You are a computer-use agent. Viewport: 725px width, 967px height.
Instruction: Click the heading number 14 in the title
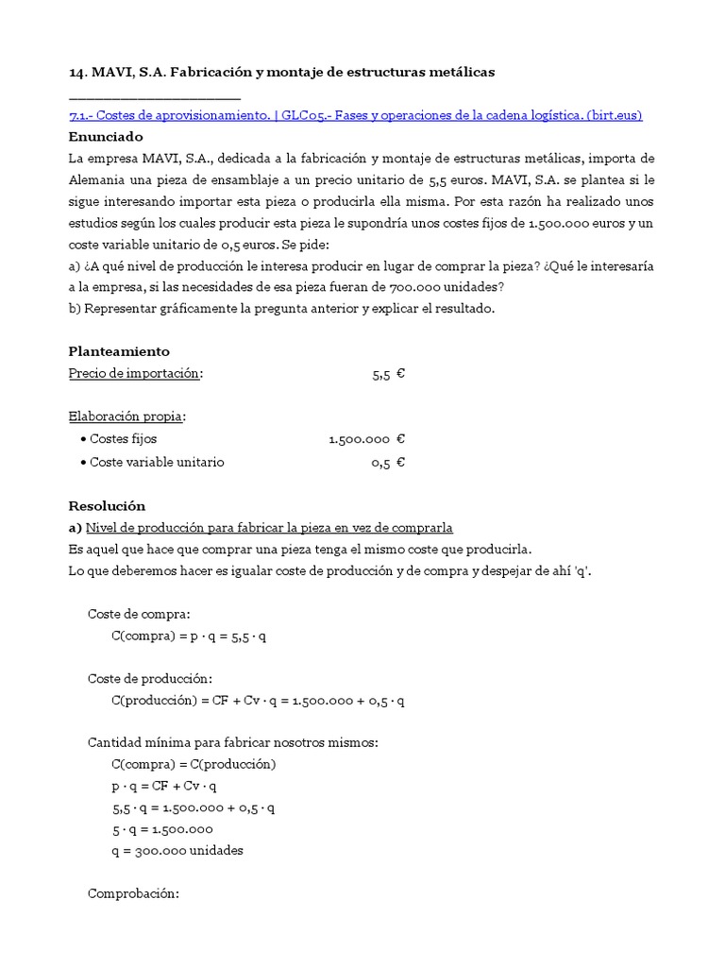[77, 72]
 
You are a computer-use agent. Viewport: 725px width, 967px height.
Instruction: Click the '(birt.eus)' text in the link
[615, 115]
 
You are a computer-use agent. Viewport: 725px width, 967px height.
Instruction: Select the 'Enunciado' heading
[105, 136]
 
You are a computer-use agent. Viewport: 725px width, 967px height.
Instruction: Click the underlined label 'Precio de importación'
[135, 373]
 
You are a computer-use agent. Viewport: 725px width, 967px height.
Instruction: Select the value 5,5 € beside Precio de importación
[388, 374]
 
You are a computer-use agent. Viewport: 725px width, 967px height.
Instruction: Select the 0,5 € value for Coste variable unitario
[388, 462]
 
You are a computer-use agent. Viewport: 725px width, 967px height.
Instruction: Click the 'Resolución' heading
[107, 505]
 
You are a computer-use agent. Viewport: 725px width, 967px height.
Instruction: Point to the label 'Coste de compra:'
[139, 614]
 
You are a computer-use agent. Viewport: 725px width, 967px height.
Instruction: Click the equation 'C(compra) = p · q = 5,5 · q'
[189, 636]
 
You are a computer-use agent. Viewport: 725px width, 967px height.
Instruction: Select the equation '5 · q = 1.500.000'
[161, 829]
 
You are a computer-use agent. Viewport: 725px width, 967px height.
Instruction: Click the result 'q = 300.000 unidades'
[177, 850]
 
